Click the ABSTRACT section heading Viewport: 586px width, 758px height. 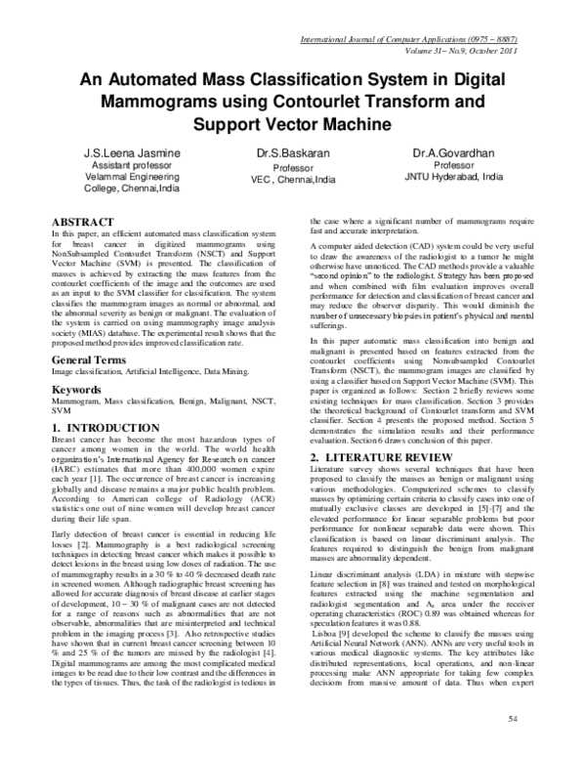pyautogui.click(x=87, y=223)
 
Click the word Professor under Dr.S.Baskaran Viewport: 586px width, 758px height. pyautogui.click(x=292, y=167)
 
